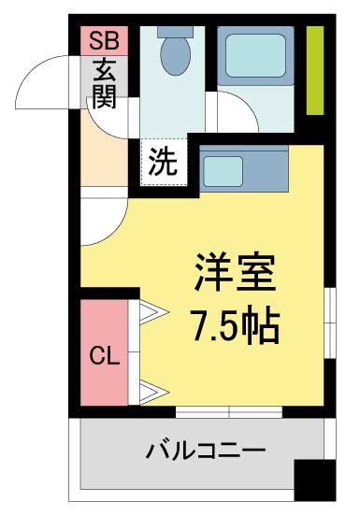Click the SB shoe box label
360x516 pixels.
pos(104,41)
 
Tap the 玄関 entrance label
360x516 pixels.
pos(105,84)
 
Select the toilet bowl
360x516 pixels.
pos(176,55)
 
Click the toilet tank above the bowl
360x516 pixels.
pos(175,32)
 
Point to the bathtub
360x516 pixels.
pos(255,56)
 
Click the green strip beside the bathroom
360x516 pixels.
pos(315,70)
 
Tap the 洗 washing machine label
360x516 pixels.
pos(164,162)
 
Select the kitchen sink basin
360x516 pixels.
pos(223,171)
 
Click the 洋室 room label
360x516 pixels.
pos(235,272)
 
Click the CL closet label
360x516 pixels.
pos(105,355)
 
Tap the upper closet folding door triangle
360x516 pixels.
pos(154,311)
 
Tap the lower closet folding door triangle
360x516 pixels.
pos(154,392)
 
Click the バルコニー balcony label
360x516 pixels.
pos(206,449)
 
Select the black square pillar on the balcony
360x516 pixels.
pos(315,480)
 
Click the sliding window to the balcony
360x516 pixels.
pos(229,411)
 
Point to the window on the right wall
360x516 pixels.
pos(330,322)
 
